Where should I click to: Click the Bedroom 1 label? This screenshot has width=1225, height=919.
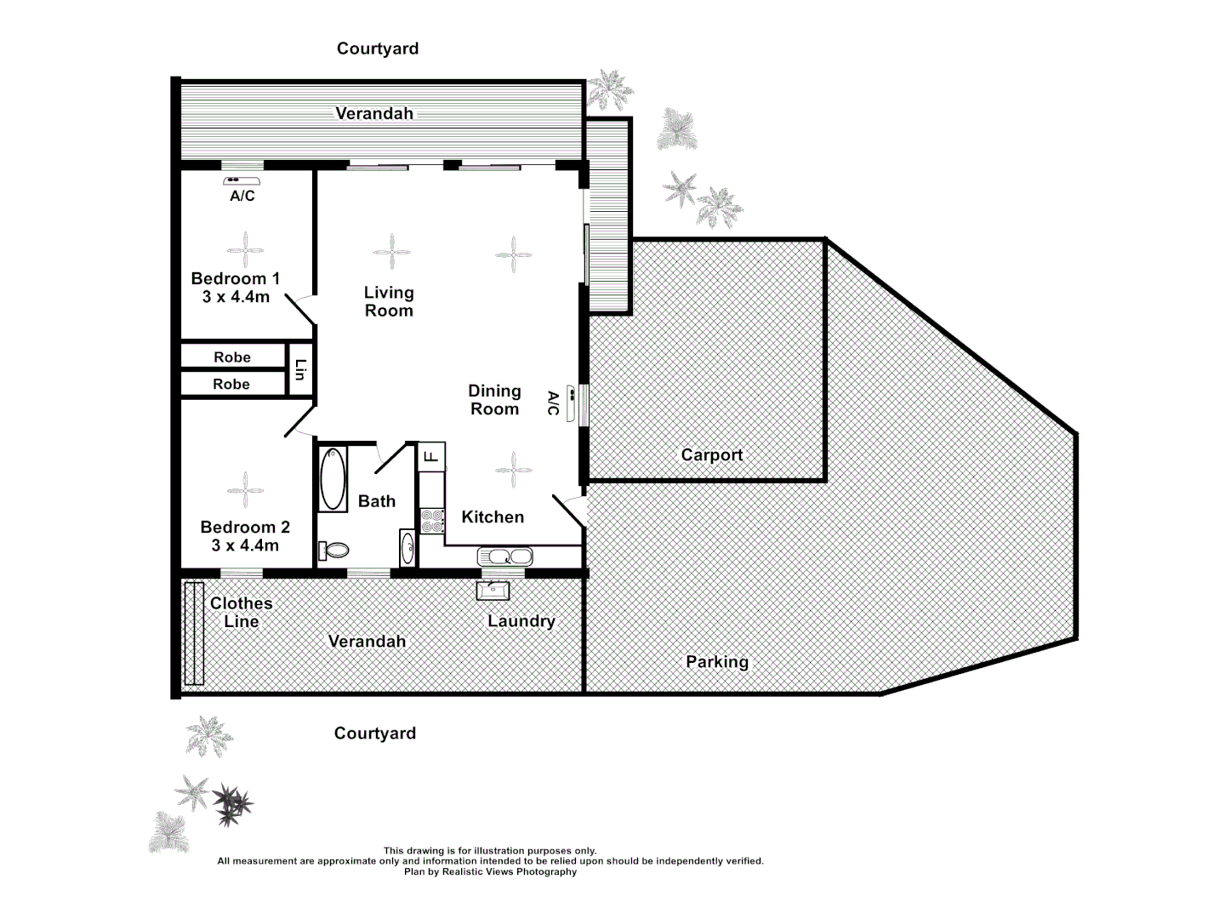click(235, 279)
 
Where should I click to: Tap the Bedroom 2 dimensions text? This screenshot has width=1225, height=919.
click(245, 545)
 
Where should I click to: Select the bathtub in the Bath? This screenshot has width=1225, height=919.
click(333, 479)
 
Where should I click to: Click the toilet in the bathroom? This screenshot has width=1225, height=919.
click(333, 550)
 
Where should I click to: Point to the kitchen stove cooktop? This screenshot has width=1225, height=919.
click(432, 521)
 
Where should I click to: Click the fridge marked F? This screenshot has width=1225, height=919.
click(431, 456)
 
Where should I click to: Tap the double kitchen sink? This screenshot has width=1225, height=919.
click(505, 557)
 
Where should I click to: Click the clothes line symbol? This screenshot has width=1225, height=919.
click(194, 633)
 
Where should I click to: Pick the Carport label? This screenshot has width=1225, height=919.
click(712, 455)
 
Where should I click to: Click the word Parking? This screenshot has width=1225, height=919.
click(717, 662)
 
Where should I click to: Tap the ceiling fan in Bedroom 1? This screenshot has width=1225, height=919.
click(246, 251)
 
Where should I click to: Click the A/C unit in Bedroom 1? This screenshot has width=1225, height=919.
click(242, 181)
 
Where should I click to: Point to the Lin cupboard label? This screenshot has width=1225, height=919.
click(299, 370)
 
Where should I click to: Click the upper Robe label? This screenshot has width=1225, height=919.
click(232, 357)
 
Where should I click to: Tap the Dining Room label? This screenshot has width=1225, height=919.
click(494, 400)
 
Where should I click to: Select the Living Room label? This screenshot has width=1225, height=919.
click(389, 302)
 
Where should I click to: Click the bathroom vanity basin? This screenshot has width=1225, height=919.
click(407, 547)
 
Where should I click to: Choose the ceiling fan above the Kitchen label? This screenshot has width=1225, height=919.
click(514, 470)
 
